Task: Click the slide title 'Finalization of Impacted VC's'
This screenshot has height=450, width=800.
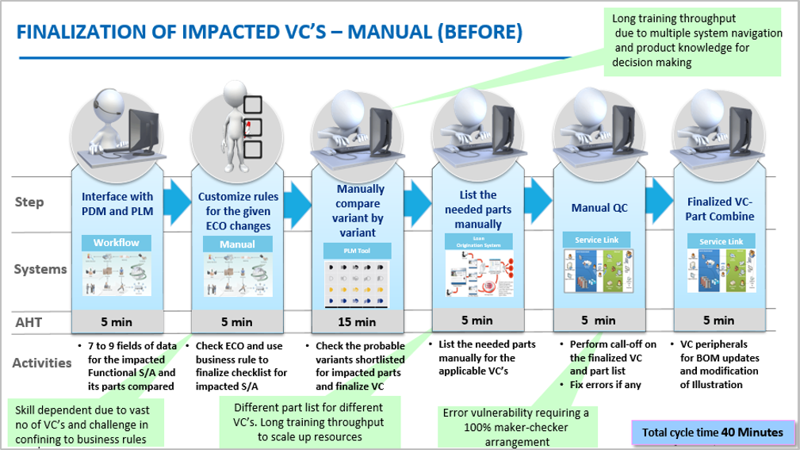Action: pyautogui.click(x=270, y=33)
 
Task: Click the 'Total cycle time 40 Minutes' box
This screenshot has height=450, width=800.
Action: pyautogui.click(x=713, y=433)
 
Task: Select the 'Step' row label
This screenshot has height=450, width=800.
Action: pyautogui.click(x=29, y=202)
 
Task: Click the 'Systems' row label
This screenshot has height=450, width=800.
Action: pyautogui.click(x=40, y=269)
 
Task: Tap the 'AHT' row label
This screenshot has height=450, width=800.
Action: pyautogui.click(x=28, y=322)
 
